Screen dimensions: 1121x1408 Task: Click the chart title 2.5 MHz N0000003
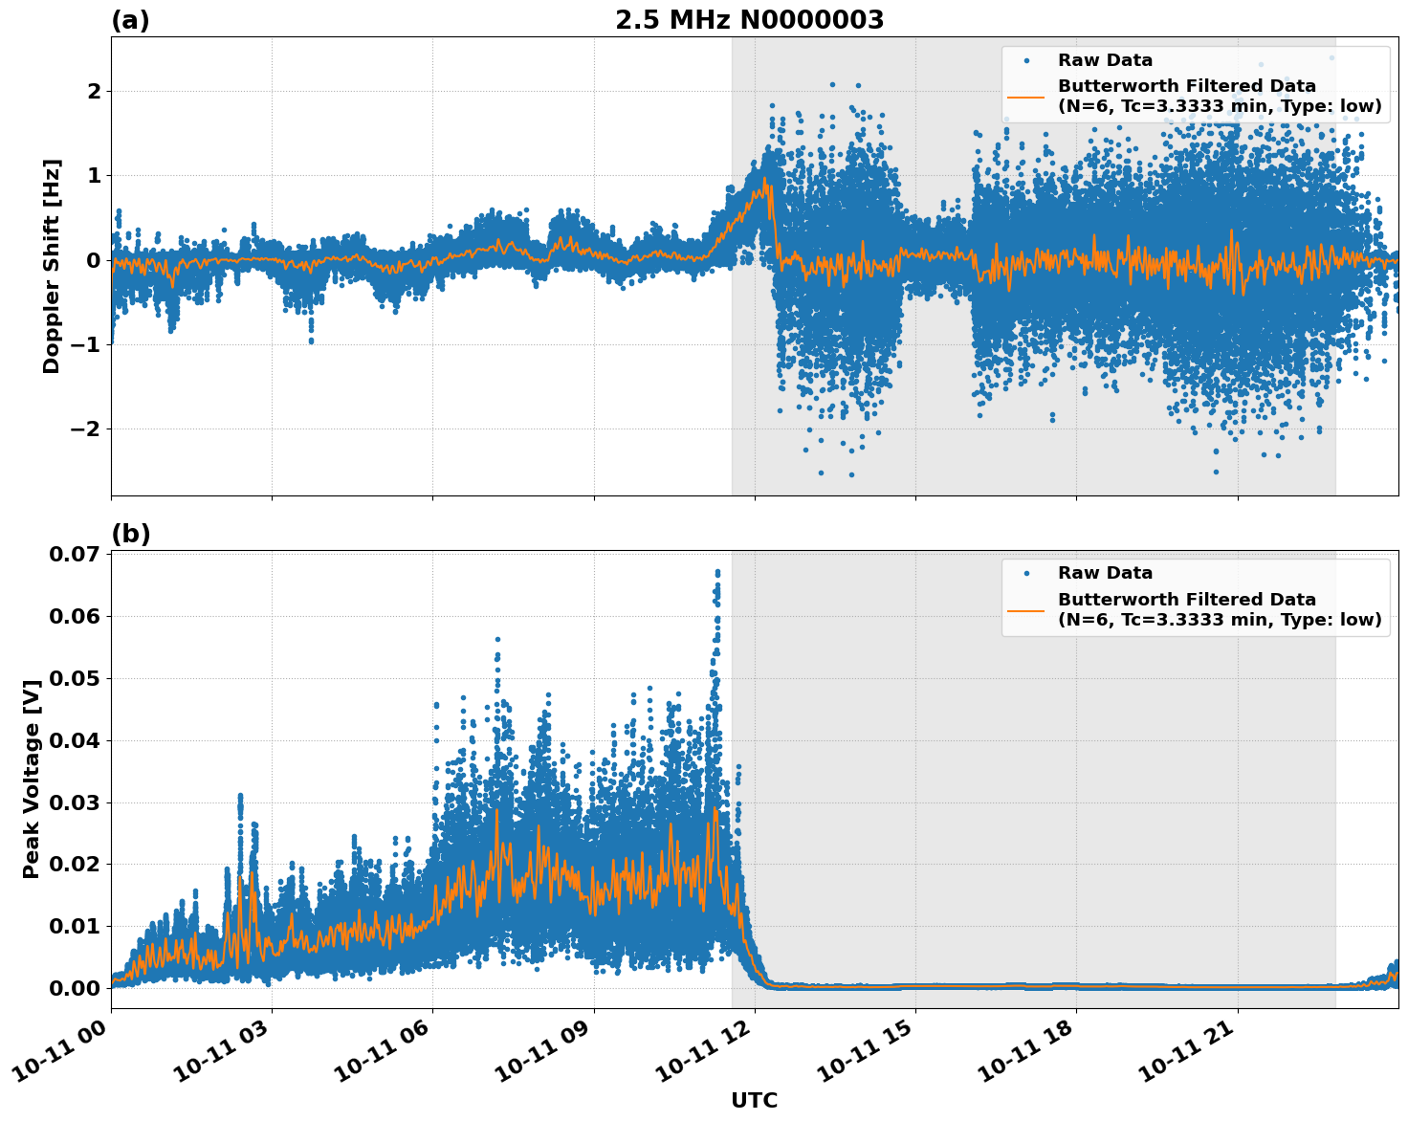tap(749, 20)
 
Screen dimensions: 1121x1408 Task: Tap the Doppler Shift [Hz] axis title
tap(52, 266)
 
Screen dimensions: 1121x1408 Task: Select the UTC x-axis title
tap(754, 1100)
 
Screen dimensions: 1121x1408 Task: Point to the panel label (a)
tap(130, 20)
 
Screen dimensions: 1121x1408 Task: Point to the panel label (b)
tap(130, 534)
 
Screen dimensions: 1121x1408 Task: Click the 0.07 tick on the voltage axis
tap(74, 555)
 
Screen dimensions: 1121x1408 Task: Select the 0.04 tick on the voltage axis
tap(74, 740)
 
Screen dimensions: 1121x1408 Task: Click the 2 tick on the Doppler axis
tap(94, 92)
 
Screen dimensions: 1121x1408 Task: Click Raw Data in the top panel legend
tap(1105, 60)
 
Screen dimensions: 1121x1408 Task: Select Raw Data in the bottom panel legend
tap(1105, 573)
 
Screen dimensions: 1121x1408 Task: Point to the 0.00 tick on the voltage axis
tap(74, 988)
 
